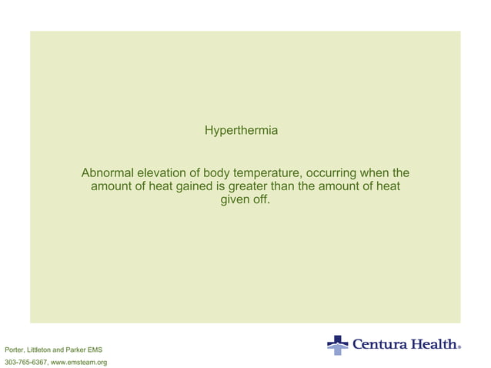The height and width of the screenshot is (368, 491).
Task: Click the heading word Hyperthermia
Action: pos(241,132)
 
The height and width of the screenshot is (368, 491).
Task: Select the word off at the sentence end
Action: pos(262,200)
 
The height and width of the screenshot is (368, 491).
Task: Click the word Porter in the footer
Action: pos(15,350)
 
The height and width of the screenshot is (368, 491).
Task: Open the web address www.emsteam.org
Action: pos(78,362)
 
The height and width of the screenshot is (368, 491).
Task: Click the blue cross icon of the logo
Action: pos(337,344)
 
